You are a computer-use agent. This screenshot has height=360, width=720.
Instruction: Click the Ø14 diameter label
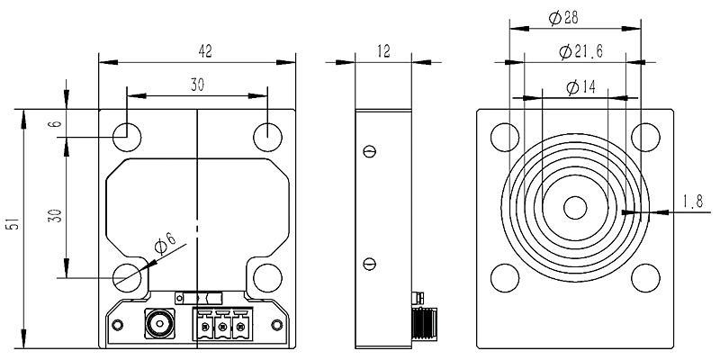[x=577, y=86]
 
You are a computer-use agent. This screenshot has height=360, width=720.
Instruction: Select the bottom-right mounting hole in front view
[x=268, y=278]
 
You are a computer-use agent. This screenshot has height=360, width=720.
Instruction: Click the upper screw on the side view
[x=368, y=151]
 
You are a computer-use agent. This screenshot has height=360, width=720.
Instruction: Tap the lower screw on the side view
[x=368, y=263]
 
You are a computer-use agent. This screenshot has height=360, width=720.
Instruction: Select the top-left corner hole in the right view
[x=506, y=137]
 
